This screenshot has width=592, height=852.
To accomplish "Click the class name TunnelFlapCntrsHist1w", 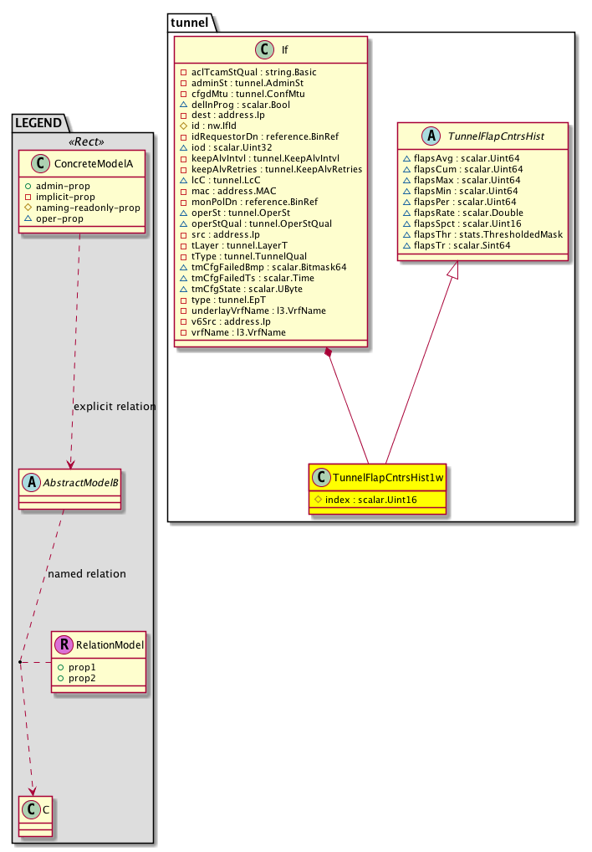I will click(x=386, y=476).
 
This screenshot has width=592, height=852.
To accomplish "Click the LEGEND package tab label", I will click(x=40, y=122).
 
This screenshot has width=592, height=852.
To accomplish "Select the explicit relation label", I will click(x=115, y=407).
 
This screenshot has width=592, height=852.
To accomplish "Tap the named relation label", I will click(x=87, y=574).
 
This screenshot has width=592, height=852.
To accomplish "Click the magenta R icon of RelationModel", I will click(x=63, y=644).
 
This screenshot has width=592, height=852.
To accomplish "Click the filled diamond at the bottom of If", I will click(x=329, y=354).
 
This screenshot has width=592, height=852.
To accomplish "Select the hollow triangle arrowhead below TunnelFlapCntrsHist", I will click(x=451, y=269).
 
